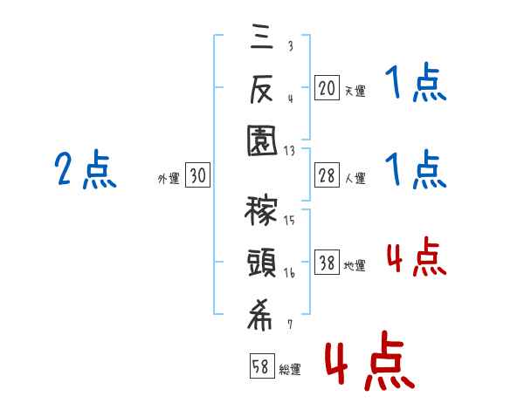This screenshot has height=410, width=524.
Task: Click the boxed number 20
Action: click(x=326, y=88)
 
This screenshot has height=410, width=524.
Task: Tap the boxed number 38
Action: click(x=326, y=263)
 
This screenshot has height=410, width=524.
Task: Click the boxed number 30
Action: click(x=197, y=176)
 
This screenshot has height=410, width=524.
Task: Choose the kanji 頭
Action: click(x=261, y=264)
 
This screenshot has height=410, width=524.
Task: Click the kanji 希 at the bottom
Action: click(x=261, y=318)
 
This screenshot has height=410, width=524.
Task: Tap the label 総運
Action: click(x=289, y=369)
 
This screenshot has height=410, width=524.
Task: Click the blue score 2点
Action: click(x=84, y=170)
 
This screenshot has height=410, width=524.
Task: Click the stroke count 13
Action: click(x=289, y=151)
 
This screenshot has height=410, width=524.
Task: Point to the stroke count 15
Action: click(x=289, y=220)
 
